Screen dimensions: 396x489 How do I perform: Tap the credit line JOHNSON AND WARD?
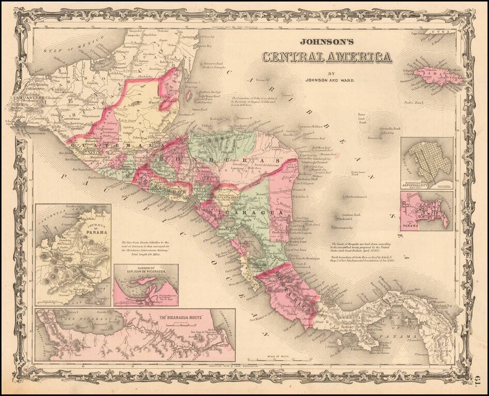[326, 80]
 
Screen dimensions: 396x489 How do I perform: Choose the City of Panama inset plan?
[428, 211]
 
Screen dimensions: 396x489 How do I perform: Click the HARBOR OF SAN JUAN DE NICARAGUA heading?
[146, 269]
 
